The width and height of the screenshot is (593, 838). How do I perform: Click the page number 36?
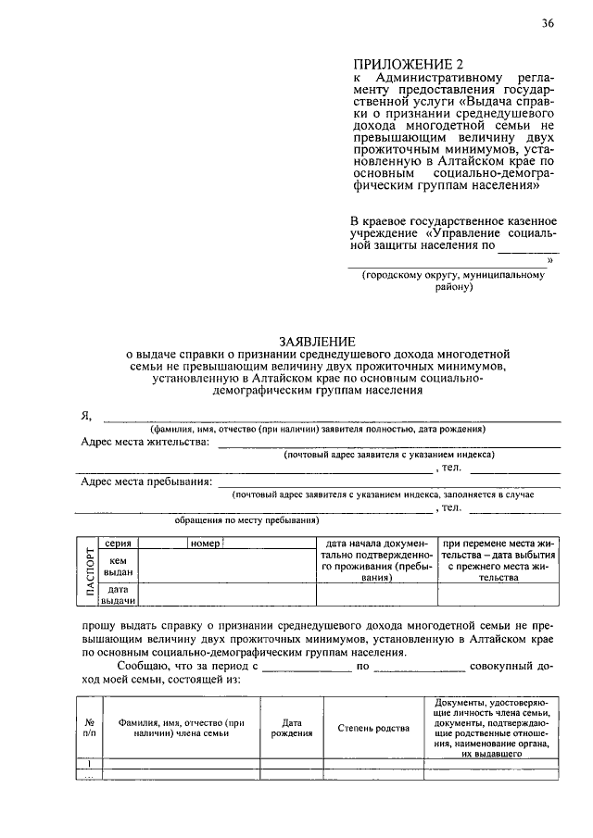pyautogui.click(x=549, y=25)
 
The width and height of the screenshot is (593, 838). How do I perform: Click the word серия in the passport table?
pyautogui.click(x=118, y=544)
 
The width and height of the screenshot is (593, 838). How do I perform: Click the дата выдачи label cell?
pyautogui.click(x=118, y=594)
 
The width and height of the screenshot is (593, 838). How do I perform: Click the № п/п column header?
pyautogui.click(x=91, y=728)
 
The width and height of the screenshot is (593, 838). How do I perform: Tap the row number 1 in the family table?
pyautogui.click(x=90, y=764)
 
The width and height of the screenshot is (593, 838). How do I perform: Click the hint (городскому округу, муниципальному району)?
pyautogui.click(x=454, y=281)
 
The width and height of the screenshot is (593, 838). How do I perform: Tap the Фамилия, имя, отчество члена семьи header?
pyautogui.click(x=181, y=728)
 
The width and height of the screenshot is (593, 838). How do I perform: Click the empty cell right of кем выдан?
pyautogui.click(x=226, y=567)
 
